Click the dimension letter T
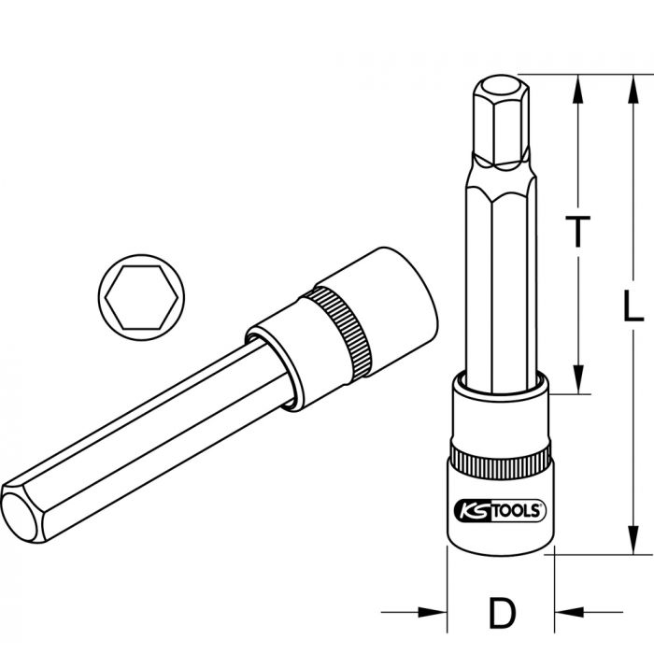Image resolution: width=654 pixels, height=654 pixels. click(580, 231)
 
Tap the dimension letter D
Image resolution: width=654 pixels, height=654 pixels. click(502, 613)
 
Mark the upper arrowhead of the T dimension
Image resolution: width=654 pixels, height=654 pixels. click(580, 87)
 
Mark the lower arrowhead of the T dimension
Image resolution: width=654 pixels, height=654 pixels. click(580, 384)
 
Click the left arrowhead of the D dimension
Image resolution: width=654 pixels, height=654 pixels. click(437, 613)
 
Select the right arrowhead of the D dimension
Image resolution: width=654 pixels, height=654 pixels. click(564, 613)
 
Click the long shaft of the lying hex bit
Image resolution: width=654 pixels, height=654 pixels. click(140, 431)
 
